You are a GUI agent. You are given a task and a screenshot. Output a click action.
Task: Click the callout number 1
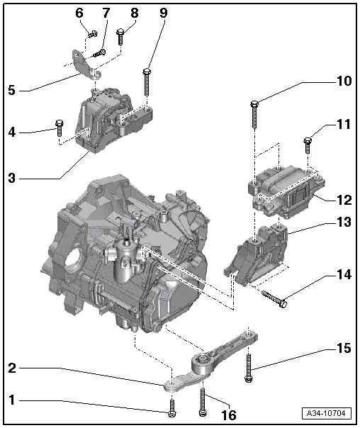(11, 400)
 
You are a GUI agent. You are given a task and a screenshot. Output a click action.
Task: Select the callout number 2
(11, 368)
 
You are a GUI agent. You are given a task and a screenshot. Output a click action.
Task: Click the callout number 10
(343, 81)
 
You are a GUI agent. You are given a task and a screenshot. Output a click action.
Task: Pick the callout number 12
(343, 199)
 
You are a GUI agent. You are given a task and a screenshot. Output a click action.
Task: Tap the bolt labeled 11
(307, 145)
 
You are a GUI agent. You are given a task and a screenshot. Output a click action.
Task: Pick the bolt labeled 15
(249, 368)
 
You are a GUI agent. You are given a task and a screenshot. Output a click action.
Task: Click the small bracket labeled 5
(87, 64)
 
